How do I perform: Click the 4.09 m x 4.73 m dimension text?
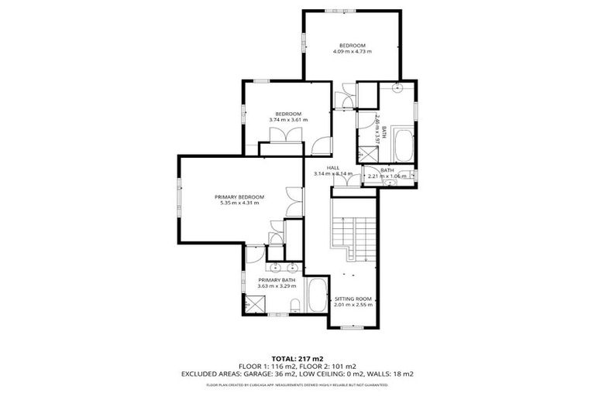pyautogui.click(x=352, y=52)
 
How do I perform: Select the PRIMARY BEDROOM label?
pyautogui.click(x=239, y=196)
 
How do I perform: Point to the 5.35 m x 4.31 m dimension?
pyautogui.click(x=239, y=203)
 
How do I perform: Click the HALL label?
pyautogui.click(x=332, y=168)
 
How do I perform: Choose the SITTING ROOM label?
pyautogui.click(x=353, y=298)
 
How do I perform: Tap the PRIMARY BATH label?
pyautogui.click(x=277, y=279)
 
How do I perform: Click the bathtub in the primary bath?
pyautogui.click(x=316, y=296)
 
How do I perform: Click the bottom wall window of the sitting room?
pyautogui.click(x=353, y=327)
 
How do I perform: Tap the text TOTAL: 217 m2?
pyautogui.click(x=297, y=359)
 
